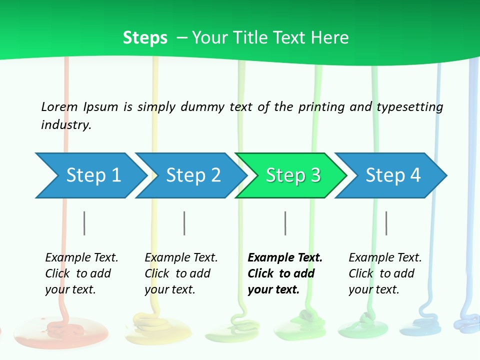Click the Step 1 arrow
(x=90, y=175)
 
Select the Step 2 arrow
(x=190, y=175)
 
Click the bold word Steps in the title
(x=145, y=37)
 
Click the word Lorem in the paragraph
(x=59, y=106)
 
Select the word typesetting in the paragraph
(x=409, y=107)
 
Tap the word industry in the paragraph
(x=65, y=124)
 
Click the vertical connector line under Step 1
(x=84, y=223)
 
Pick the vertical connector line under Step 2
(x=184, y=223)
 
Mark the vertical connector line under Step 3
(x=285, y=223)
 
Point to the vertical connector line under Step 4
(x=386, y=223)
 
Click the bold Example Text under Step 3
(x=285, y=258)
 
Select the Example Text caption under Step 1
(x=81, y=258)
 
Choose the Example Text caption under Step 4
(x=385, y=258)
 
